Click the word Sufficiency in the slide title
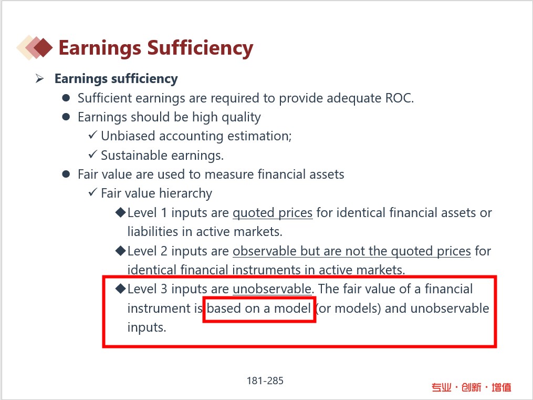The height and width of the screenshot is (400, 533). (x=200, y=48)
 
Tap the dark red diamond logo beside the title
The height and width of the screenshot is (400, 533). (x=43, y=48)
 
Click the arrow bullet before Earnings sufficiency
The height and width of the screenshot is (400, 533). (x=40, y=79)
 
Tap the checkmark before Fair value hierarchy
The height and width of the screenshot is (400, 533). (x=92, y=192)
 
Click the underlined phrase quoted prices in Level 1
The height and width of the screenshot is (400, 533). (x=273, y=213)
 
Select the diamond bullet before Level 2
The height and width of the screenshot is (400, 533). (x=121, y=251)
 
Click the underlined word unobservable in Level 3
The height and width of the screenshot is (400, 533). (x=272, y=289)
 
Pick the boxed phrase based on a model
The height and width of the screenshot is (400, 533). (x=259, y=309)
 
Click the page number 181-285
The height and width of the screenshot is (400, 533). (x=265, y=381)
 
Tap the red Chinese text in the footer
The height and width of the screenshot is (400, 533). (x=472, y=387)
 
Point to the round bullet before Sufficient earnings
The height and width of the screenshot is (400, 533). (x=66, y=98)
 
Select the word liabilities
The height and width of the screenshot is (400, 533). (x=153, y=232)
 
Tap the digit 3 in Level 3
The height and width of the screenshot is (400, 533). (x=164, y=289)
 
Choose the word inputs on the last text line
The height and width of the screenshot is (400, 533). (x=147, y=327)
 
